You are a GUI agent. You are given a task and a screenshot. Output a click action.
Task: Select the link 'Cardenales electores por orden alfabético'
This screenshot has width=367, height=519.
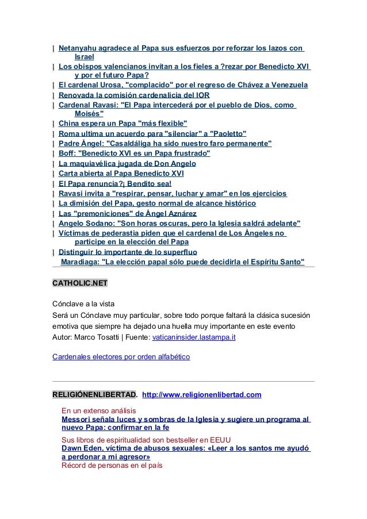[121, 356]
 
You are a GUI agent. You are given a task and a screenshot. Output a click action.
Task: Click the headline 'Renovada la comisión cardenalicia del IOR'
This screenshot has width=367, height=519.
[134, 95]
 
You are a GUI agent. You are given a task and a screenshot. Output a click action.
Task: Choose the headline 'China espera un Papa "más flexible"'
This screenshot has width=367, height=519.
[123, 124]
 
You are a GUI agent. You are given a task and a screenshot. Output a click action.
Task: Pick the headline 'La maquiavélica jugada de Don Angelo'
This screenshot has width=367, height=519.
[128, 163]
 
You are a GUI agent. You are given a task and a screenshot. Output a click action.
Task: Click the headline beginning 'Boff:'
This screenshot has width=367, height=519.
[134, 153]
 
